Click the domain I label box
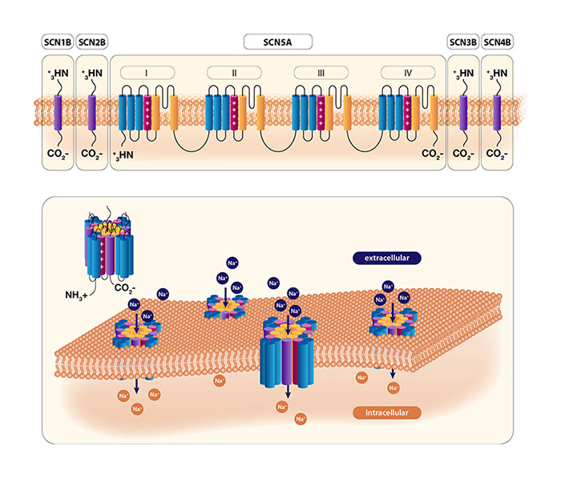tap(147, 73)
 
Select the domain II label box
tap(234, 73)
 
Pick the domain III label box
tap(321, 73)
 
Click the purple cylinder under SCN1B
tap(57, 112)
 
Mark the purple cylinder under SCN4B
tap(498, 112)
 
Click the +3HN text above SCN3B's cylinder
tap(462, 74)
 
